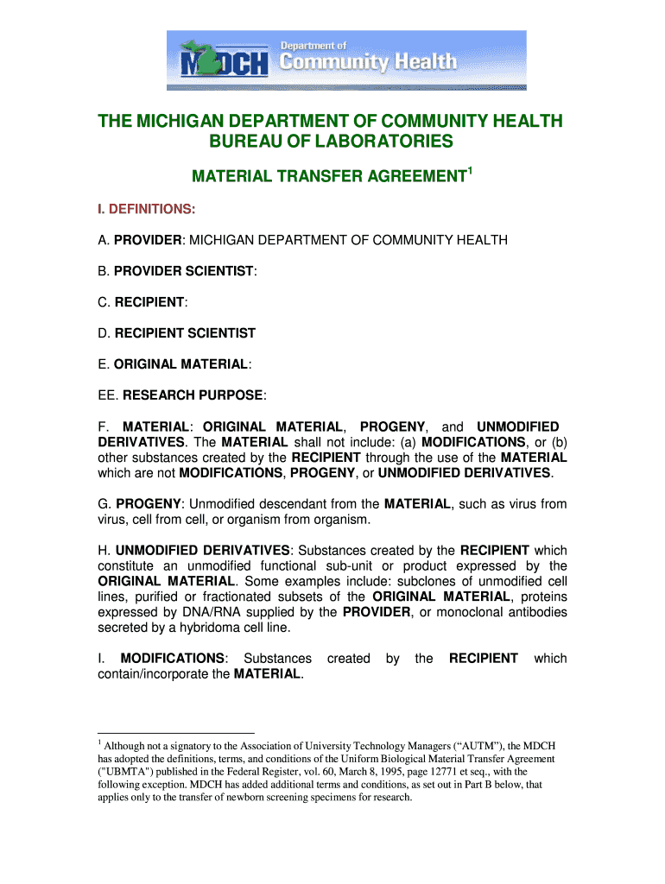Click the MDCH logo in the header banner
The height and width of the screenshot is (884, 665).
click(225, 62)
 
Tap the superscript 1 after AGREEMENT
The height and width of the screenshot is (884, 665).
click(469, 173)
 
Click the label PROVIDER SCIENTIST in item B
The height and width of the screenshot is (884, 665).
click(184, 271)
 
